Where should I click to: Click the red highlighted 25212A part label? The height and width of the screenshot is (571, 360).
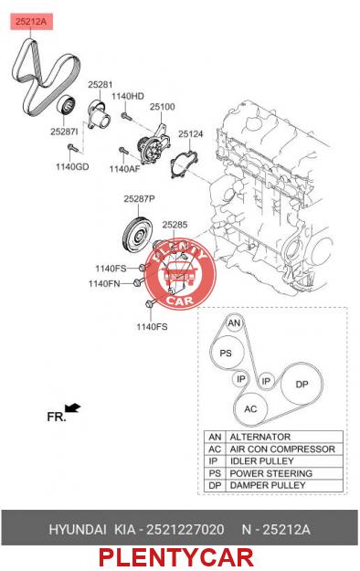31,22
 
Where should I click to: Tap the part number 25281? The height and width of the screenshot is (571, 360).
101,85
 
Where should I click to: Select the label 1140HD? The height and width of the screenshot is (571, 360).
128,96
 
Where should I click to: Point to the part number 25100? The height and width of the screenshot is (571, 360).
162,107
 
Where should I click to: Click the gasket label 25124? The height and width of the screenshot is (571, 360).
190,134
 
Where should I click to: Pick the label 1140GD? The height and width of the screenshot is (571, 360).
72,167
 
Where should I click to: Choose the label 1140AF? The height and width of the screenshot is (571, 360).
124,169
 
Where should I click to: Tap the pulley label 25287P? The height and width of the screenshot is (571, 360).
139,199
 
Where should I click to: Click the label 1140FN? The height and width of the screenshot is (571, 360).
104,283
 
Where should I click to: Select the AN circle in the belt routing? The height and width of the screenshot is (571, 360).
234,323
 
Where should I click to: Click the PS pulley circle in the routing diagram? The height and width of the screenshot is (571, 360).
226,353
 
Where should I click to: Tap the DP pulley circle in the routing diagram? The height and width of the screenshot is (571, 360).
302,385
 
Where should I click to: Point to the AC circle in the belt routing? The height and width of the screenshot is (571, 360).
250,409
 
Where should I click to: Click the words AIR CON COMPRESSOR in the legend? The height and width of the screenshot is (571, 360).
282,449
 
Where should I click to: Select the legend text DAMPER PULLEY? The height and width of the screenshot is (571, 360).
268,485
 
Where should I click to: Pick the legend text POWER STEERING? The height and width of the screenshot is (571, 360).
271,473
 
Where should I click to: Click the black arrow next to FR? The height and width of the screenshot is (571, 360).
72,407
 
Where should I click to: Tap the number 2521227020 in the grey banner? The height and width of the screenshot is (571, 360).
185,529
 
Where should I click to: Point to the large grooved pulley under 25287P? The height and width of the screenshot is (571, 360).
137,236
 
